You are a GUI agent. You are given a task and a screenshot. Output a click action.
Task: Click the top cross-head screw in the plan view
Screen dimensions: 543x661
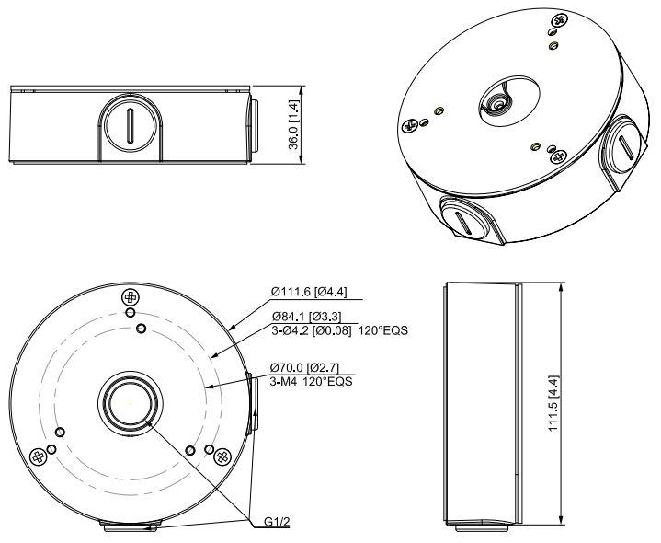[x=130, y=298]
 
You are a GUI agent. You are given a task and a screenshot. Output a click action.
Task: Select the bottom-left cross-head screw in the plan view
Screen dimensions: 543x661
[x=39, y=456]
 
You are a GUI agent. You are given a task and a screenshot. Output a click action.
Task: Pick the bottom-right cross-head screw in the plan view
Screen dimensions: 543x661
[x=221, y=456]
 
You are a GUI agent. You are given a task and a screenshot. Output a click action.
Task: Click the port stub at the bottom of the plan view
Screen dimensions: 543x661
[x=130, y=526]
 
